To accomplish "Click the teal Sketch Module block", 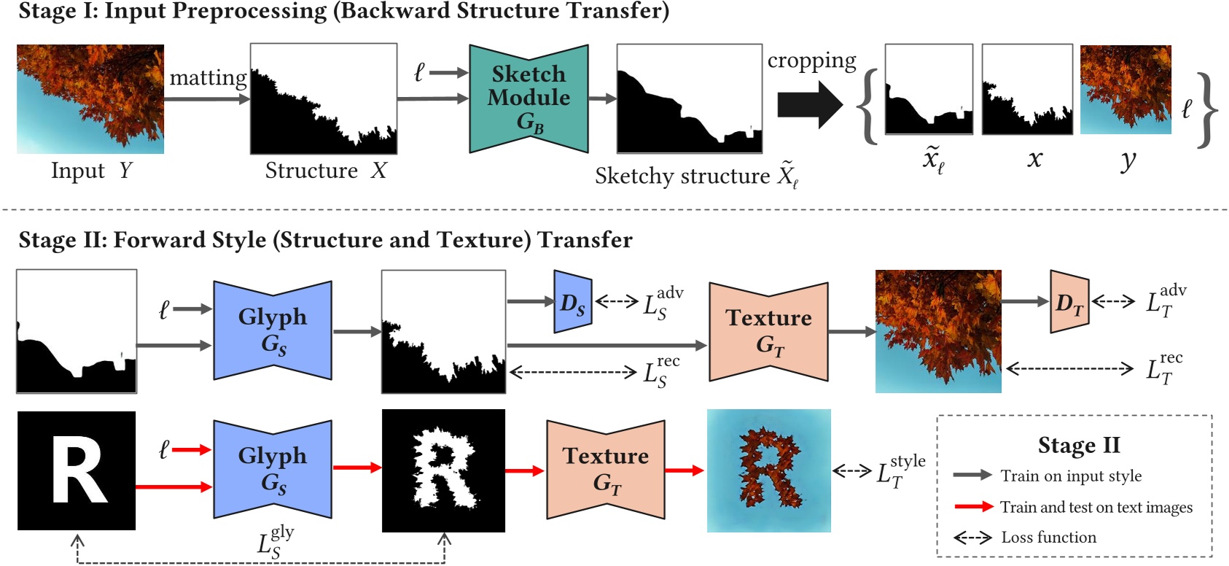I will [528, 98].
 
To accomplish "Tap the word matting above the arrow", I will [208, 77].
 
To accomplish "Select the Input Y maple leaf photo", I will [90, 98].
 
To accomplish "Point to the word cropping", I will [811, 61].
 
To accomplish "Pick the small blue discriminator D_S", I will [572, 302].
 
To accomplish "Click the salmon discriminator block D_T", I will [1069, 302].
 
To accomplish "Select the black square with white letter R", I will [77, 470].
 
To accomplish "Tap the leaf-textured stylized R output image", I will [768, 470].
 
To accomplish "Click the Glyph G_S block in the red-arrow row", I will [273, 469].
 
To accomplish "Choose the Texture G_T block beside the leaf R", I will [605, 469].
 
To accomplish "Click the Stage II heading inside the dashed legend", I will [1078, 445].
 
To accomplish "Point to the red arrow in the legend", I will [973, 506].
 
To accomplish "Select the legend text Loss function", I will [1048, 538].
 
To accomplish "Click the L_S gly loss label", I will [275, 543].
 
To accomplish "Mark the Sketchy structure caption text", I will [682, 177].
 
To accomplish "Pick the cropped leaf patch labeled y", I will [1125, 90].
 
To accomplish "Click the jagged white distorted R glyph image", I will [443, 470].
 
